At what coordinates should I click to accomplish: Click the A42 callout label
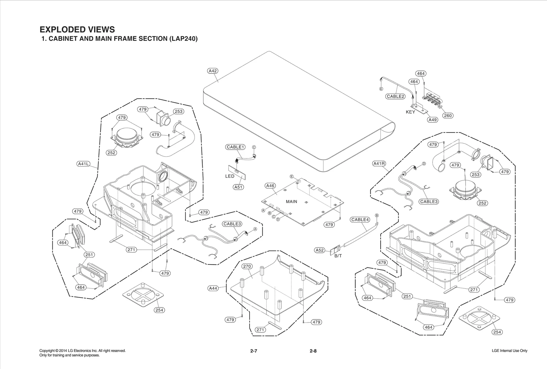pyautogui.click(x=213, y=71)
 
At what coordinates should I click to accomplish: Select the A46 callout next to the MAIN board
pyautogui.click(x=270, y=186)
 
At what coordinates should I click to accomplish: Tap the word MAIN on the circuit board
pyautogui.click(x=291, y=202)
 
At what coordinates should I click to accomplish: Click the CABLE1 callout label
pyautogui.click(x=235, y=147)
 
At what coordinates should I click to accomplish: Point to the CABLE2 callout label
pyautogui.click(x=396, y=96)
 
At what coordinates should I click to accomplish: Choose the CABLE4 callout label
pyautogui.click(x=360, y=220)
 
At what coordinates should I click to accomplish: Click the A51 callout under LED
pyautogui.click(x=238, y=187)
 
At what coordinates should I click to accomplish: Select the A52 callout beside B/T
pyautogui.click(x=319, y=250)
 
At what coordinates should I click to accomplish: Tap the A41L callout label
pyautogui.click(x=83, y=164)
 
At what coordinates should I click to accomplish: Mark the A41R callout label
pyautogui.click(x=379, y=164)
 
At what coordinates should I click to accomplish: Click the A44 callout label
pyautogui.click(x=213, y=288)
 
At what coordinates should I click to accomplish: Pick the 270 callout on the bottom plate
pyautogui.click(x=247, y=266)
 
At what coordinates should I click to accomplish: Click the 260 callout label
pyautogui.click(x=448, y=115)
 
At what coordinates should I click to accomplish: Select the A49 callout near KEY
pyautogui.click(x=432, y=120)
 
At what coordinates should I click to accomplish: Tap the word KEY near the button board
pyautogui.click(x=410, y=112)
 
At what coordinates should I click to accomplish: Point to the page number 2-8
pyautogui.click(x=313, y=351)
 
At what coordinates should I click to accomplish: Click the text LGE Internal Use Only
pyautogui.click(x=509, y=351)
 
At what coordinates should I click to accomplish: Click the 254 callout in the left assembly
pyautogui.click(x=159, y=310)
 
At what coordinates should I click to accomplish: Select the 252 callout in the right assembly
pyautogui.click(x=482, y=203)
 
